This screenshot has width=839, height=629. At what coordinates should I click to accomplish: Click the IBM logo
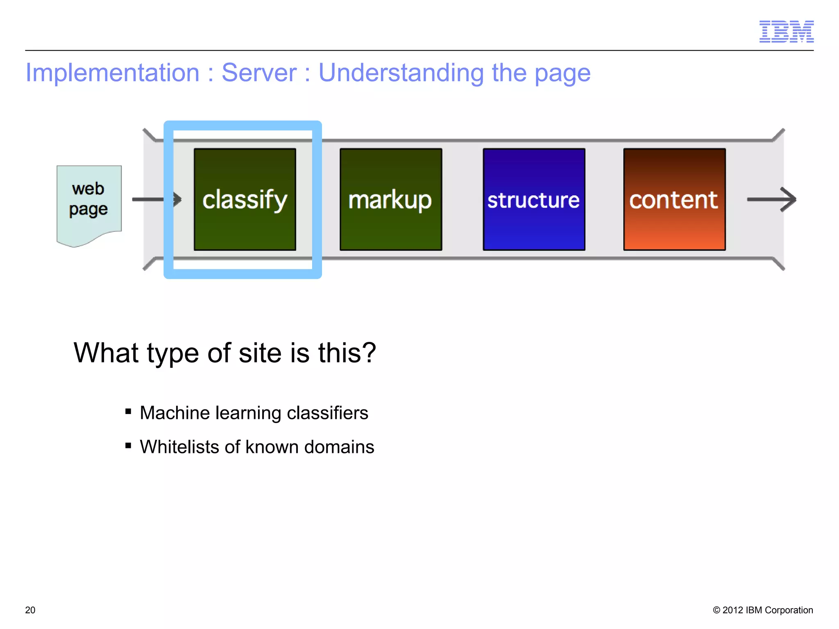click(786, 32)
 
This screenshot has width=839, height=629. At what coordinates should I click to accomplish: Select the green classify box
click(245, 199)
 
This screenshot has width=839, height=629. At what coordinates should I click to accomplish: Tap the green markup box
click(391, 199)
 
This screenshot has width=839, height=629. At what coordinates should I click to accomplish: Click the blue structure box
click(534, 199)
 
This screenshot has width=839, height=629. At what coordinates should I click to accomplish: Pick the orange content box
click(674, 199)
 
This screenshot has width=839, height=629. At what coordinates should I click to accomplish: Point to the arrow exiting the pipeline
click(772, 199)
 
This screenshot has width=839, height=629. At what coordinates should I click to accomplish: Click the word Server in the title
click(259, 73)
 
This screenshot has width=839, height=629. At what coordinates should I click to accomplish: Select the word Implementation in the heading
click(113, 73)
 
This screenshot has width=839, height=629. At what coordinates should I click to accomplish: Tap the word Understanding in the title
click(401, 73)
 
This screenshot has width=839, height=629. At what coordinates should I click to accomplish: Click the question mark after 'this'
click(368, 353)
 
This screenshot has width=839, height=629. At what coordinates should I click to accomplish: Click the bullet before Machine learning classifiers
click(128, 412)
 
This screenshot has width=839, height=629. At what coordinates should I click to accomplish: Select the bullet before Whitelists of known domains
click(128, 446)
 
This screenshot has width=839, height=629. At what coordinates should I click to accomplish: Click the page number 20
click(30, 610)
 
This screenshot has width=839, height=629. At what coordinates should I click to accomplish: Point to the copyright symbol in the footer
click(717, 610)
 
